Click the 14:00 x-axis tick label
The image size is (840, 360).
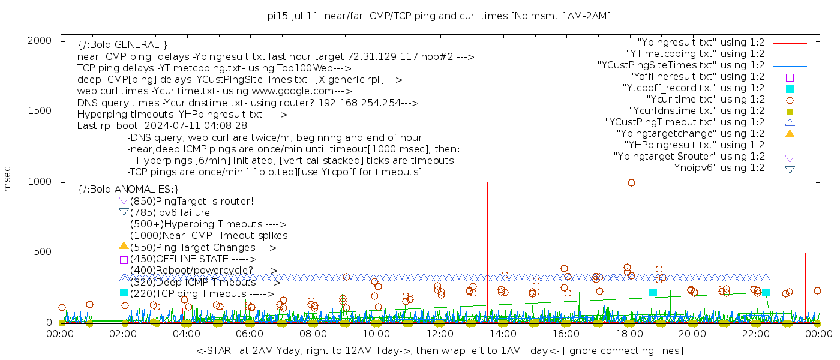502,334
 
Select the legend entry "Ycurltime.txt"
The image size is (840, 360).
705,100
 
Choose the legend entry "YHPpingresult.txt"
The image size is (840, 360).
694,145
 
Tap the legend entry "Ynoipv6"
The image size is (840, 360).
717,168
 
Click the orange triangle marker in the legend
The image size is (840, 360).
790,134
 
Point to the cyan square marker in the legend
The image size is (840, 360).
790,88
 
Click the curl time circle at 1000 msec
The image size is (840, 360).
631,182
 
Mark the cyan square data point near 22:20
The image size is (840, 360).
766,292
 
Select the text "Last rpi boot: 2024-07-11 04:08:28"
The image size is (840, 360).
162,126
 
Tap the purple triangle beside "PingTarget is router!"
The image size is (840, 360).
124,201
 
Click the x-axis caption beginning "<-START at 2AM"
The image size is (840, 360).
439,350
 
